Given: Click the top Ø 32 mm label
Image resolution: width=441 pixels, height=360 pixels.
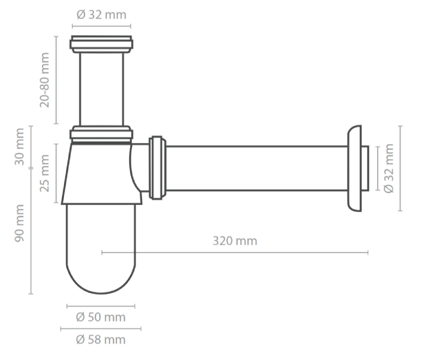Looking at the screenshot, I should coord(101,15).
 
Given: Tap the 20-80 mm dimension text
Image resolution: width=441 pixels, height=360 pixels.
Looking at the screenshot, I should coord(45,79).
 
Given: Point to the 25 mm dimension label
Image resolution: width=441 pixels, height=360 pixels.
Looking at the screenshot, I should coord(45,173).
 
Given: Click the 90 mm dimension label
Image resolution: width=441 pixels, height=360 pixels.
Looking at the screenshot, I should coord(20,223).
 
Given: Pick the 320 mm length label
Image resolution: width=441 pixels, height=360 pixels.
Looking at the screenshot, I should coord(235,241).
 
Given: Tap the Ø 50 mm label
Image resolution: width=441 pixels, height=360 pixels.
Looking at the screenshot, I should coord(101,317).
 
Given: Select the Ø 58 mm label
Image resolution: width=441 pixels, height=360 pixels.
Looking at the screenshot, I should coord(101,340).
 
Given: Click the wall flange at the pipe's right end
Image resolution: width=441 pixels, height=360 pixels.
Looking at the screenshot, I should coord(355,168).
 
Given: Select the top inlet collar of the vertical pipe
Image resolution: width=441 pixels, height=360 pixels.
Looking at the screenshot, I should coord(101,44).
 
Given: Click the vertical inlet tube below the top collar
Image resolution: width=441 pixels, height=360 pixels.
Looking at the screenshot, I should coord(101,88).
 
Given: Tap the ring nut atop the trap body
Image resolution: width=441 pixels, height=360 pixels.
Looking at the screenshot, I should coord(101,134).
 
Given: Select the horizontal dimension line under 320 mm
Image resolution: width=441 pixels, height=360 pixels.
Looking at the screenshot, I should coord(235,253).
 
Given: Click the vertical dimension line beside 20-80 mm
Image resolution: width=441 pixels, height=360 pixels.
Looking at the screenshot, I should coord(56,79).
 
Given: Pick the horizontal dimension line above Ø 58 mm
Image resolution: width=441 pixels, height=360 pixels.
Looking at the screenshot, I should coord(101,329).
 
